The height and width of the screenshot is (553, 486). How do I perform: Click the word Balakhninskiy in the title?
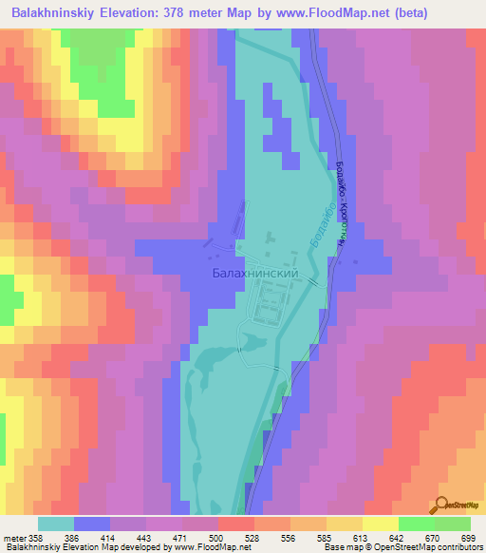59,13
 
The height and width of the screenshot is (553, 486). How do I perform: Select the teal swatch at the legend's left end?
56,524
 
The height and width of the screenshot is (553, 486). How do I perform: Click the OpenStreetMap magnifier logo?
441,505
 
